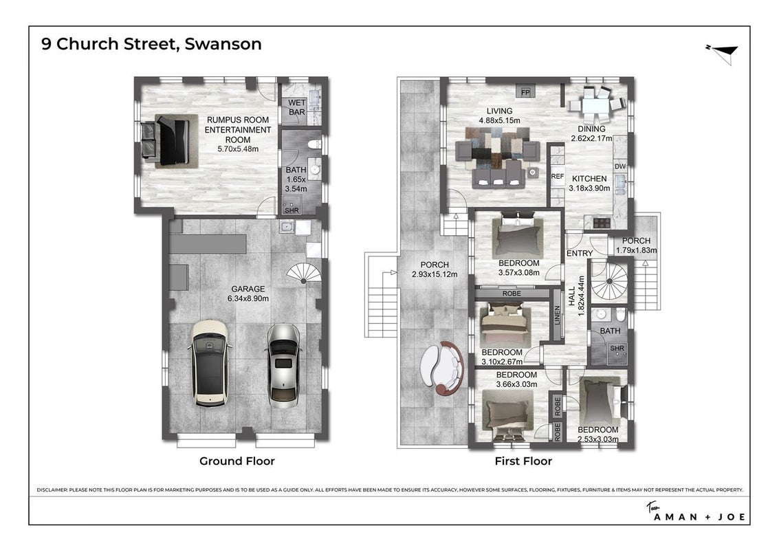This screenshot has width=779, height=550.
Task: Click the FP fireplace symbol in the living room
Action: (525, 92)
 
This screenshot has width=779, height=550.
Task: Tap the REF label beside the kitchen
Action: (558, 177)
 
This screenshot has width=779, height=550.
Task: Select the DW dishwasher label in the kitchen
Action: (620, 166)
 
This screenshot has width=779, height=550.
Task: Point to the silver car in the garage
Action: (283, 366)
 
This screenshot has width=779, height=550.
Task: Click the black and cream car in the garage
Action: (210, 363)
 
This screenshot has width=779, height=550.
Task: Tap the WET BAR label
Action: (296, 107)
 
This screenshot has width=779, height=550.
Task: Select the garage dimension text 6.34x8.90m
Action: (248, 298)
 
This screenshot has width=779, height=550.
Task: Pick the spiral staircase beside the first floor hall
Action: (609, 281)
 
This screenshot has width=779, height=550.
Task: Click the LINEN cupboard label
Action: (557, 315)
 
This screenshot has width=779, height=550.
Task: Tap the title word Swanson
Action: (223, 44)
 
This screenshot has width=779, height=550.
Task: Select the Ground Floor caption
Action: (237, 461)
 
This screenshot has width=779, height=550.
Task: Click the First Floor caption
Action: (523, 461)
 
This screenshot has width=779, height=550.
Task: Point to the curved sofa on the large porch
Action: (442, 367)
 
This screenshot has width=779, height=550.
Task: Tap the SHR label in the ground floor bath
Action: (292, 210)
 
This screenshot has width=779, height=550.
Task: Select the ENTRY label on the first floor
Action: (580, 254)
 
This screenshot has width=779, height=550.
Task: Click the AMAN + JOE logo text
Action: (699, 517)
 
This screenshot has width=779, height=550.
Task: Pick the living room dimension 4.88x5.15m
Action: (499, 120)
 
